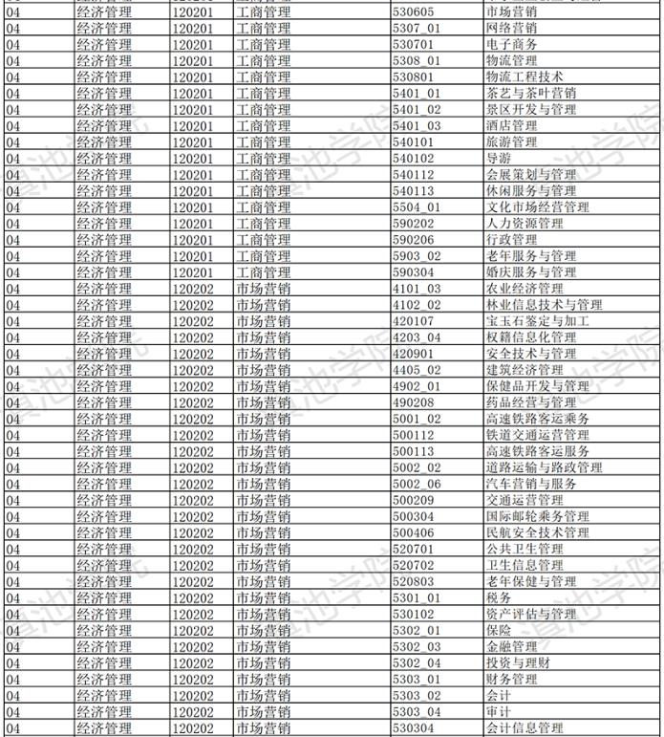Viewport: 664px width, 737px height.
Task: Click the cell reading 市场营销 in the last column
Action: coord(511,11)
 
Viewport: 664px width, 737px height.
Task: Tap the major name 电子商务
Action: coord(511,44)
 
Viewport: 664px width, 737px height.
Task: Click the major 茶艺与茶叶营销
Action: coord(530,93)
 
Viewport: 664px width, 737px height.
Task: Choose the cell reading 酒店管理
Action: coord(511,125)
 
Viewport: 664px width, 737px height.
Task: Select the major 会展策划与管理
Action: coord(530,175)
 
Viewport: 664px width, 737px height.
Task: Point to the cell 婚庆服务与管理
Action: coord(530,272)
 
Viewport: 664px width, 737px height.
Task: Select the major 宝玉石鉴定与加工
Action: coord(537,321)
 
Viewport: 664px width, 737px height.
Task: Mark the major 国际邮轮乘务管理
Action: coord(537,516)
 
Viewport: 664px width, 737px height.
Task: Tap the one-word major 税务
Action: coord(498,597)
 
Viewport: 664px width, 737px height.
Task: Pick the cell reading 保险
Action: coord(498,630)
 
